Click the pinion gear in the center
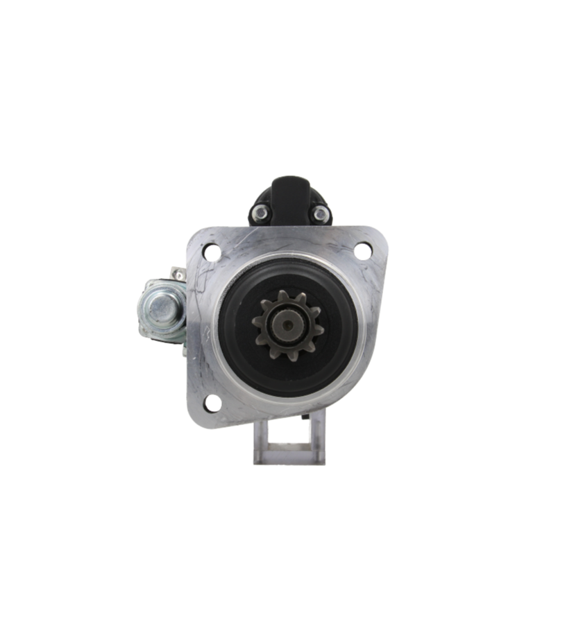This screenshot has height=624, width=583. (x=285, y=320)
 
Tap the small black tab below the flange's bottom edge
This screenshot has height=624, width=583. (x=306, y=418)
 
